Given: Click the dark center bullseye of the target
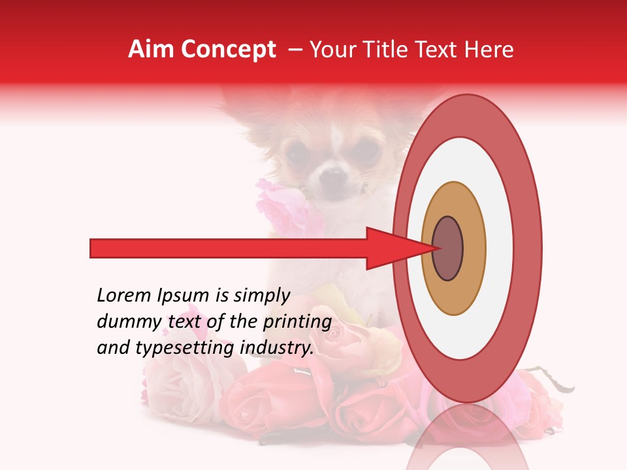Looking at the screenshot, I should pos(447,249).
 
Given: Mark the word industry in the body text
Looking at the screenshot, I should pos(277,348).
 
